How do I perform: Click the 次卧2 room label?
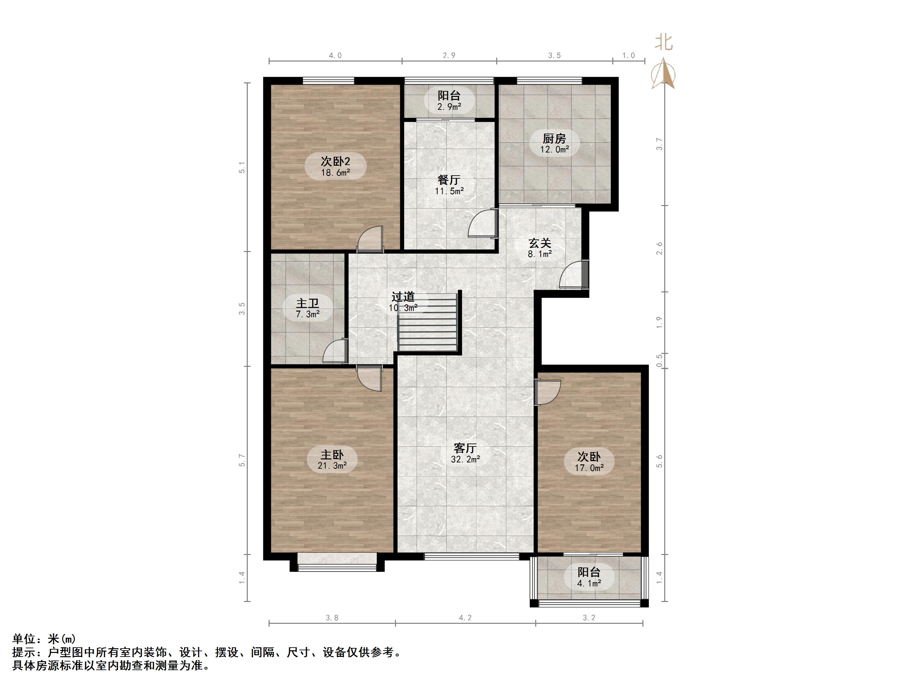click(x=335, y=161)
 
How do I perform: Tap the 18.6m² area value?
click(x=335, y=173)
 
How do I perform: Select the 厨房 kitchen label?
click(x=554, y=139)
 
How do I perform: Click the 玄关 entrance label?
click(x=540, y=243)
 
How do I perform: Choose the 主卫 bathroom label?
click(x=308, y=303)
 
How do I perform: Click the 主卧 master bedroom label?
click(x=332, y=455)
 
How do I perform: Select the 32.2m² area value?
click(x=465, y=459)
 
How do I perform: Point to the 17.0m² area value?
click(x=589, y=468)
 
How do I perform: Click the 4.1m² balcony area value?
click(x=589, y=583)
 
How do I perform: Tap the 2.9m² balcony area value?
click(x=449, y=107)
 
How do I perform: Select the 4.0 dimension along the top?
click(x=335, y=55)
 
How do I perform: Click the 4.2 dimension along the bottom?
click(x=465, y=617)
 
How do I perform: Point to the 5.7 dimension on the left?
click(x=242, y=460)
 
